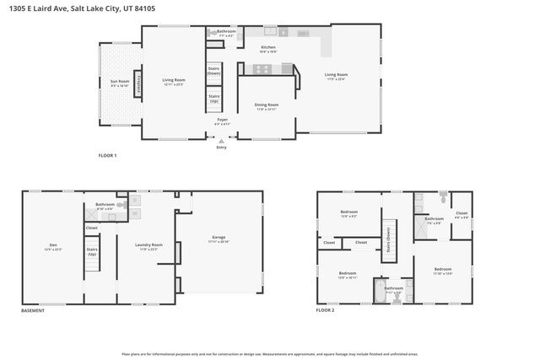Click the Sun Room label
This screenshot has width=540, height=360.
click(x=119, y=83)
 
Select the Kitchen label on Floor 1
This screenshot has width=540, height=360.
click(x=268, y=49)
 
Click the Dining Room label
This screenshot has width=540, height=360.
click(x=267, y=106)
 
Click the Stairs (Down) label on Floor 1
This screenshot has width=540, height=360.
click(x=213, y=72)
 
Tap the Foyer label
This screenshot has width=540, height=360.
click(x=222, y=121)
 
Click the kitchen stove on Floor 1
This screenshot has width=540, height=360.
click(x=263, y=69)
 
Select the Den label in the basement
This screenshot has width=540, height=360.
click(x=51, y=248)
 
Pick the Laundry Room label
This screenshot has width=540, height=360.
click(x=150, y=247)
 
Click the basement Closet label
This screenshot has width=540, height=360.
click(x=91, y=227)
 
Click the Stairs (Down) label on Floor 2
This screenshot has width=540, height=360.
click(x=388, y=240)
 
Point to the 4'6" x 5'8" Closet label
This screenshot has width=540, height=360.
click(x=461, y=214)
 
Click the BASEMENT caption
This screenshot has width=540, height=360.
click(x=33, y=311)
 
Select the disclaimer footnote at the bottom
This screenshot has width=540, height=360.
click(x=270, y=354)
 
